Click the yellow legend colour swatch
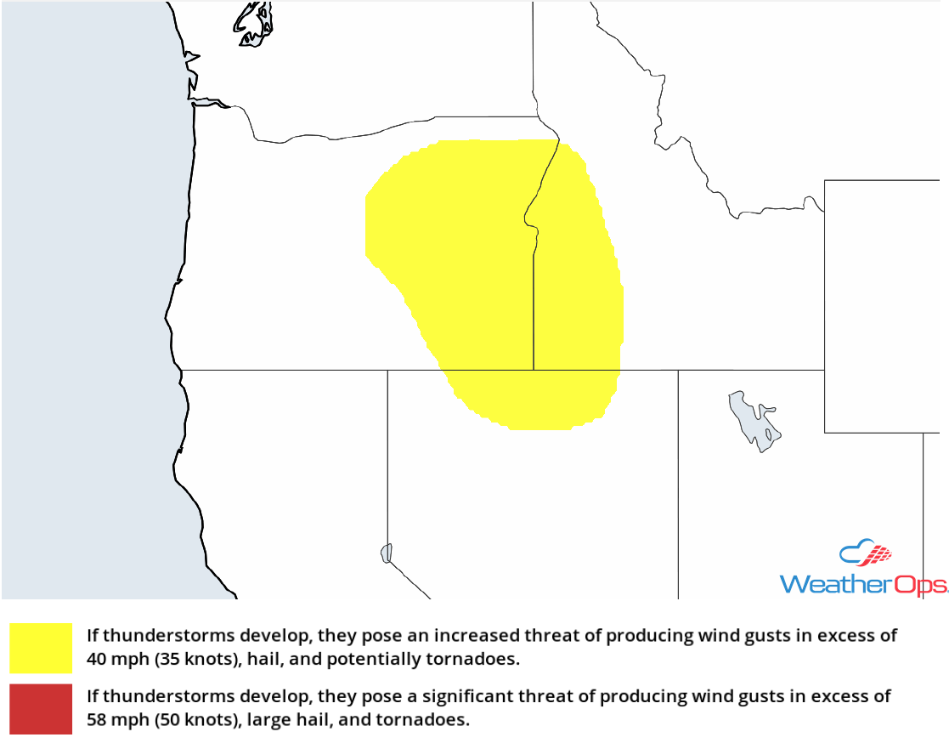pos(41,648)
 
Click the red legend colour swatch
pos(41,709)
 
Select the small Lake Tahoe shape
pos(387,553)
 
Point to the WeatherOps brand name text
pos(863,584)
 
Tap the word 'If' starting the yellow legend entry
pos(93,636)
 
